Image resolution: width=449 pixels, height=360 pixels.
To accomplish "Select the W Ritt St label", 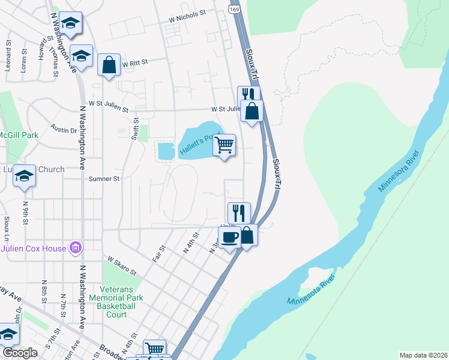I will click(134, 62).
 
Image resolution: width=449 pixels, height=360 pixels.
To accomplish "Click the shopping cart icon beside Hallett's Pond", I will click(224, 144).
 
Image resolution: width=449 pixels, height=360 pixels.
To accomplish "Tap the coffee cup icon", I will click(229, 237).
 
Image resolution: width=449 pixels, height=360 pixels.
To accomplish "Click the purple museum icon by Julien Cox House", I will click(76, 247).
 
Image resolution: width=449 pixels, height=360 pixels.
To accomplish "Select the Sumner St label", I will click(104, 179).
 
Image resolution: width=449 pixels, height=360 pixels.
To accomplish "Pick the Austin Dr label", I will click(64, 129).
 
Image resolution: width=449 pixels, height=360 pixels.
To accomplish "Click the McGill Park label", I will click(18, 135).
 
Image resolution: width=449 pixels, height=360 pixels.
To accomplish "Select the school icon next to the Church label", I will click(24, 175).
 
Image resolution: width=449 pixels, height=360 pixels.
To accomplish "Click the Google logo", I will click(19, 353).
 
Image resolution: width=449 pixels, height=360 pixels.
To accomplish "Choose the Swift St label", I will click(135, 129).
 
